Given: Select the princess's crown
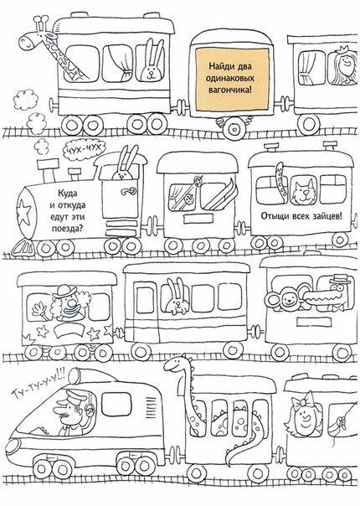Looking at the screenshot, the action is click(x=342, y=50).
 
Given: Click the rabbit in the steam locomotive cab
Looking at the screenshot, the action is click(x=124, y=164).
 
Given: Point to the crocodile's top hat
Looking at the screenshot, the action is click(x=341, y=279).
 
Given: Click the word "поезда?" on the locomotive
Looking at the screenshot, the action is click(x=67, y=229).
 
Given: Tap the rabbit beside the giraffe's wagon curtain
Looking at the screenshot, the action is click(x=151, y=62).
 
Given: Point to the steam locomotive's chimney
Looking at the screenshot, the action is click(x=48, y=170).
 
